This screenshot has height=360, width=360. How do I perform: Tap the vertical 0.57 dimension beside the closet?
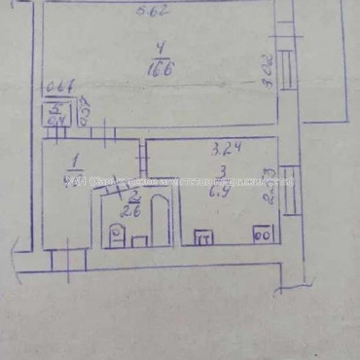click(84, 108)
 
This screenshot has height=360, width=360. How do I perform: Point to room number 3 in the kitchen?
click(221, 170)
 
